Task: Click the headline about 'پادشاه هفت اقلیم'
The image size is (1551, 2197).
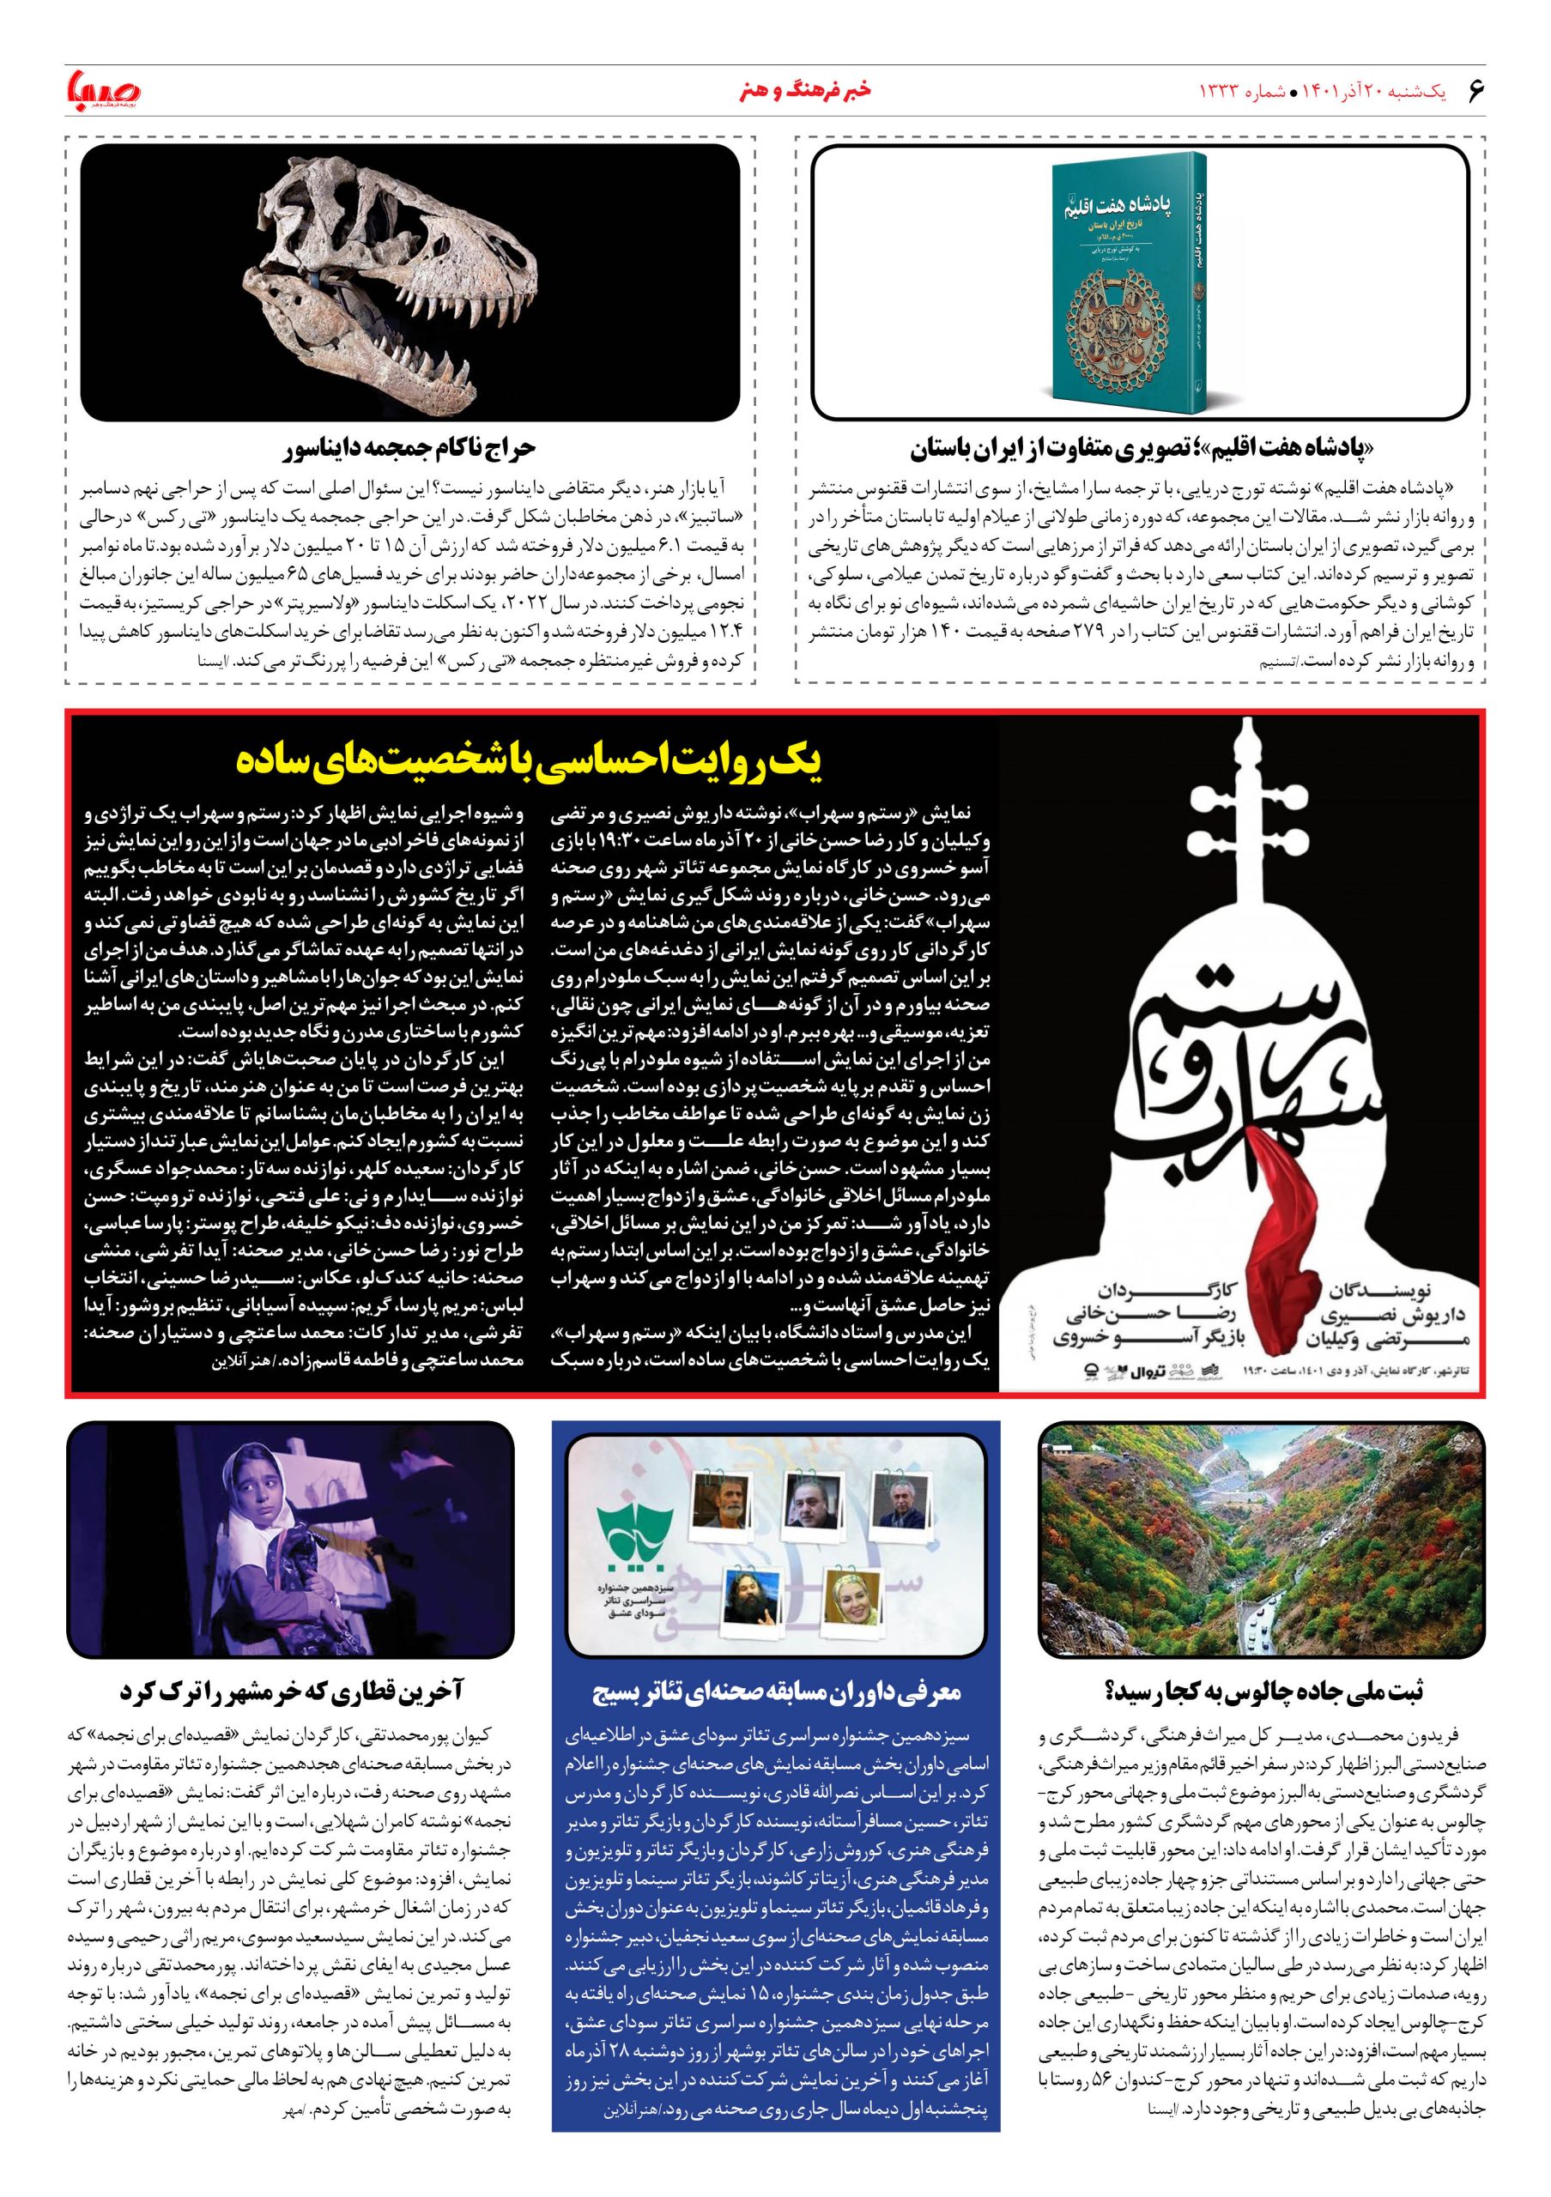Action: click(x=1140, y=449)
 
